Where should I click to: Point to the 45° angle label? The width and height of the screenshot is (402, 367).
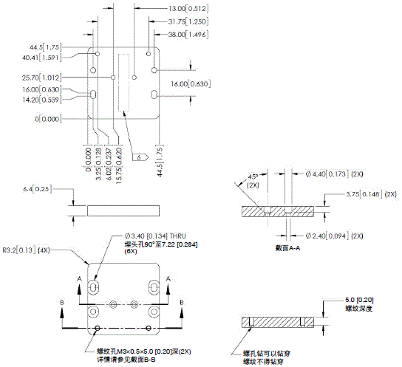tap(253, 176)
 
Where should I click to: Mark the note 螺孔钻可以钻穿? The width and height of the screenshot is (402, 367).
tap(264, 354)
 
